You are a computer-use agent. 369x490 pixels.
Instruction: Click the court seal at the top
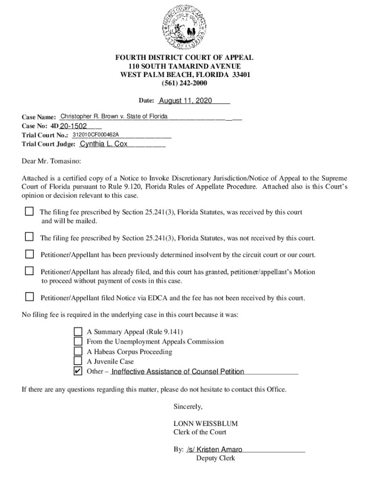tap(184, 28)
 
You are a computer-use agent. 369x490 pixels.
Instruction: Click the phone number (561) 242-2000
tap(184, 83)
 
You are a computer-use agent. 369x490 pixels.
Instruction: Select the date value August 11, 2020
tap(185, 101)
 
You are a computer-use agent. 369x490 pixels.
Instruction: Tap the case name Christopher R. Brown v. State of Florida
tap(114, 116)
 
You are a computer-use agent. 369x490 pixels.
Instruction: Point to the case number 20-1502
tap(73, 126)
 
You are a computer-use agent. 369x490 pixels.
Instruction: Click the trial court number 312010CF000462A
tap(95, 135)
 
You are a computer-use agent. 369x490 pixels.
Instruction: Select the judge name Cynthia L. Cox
tap(104, 144)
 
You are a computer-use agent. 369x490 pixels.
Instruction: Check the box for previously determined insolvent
tap(30, 254)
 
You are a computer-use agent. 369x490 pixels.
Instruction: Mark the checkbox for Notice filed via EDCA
tap(30, 297)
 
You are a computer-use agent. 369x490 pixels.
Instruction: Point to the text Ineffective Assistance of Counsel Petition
tap(177, 372)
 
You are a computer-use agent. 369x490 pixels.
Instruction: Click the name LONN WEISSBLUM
tap(206, 423)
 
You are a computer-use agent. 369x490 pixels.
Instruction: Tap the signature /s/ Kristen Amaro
tap(215, 449)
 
